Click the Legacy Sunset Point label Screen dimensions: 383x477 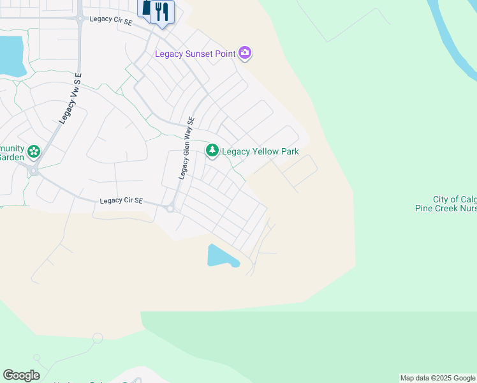(195, 54)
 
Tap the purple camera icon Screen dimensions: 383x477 (245, 54)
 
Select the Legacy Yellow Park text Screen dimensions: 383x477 (260, 152)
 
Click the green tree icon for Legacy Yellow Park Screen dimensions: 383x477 (212, 151)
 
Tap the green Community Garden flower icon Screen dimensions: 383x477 (34, 152)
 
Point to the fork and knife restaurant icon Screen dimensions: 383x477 (162, 11)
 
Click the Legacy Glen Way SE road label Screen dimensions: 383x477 (186, 147)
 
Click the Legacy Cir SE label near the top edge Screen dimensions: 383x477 (111, 19)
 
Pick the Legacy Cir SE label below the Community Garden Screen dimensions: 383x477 (121, 200)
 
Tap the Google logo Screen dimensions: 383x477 (21, 375)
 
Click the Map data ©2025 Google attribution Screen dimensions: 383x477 (437, 379)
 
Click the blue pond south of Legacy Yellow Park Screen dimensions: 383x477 (221, 257)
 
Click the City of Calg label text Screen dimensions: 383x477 (455, 200)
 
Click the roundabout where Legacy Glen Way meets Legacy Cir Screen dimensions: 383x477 (170, 208)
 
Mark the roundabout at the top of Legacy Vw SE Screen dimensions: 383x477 (80, 19)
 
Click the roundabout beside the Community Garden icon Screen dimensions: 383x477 (34, 170)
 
